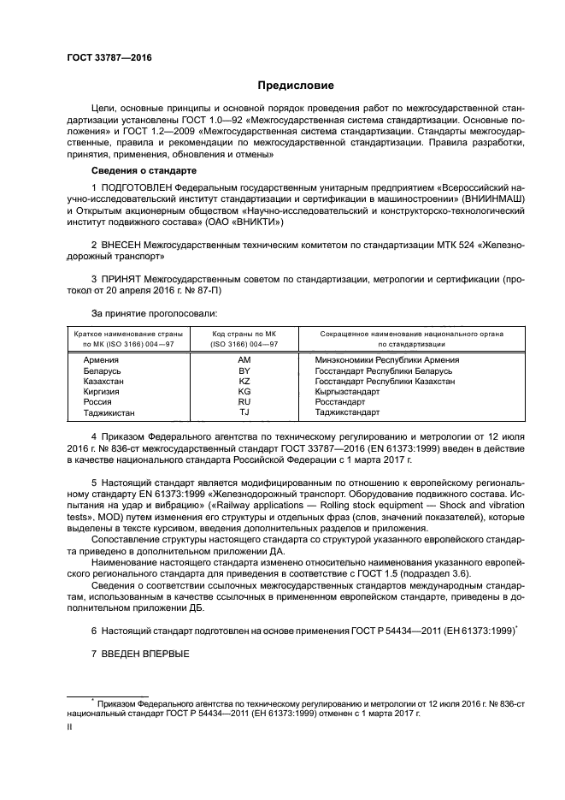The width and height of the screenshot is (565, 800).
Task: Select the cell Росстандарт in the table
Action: pos(340,401)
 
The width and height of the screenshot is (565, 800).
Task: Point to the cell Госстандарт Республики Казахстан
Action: pos(385,381)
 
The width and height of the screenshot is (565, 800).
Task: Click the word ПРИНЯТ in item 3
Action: pos(121,279)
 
